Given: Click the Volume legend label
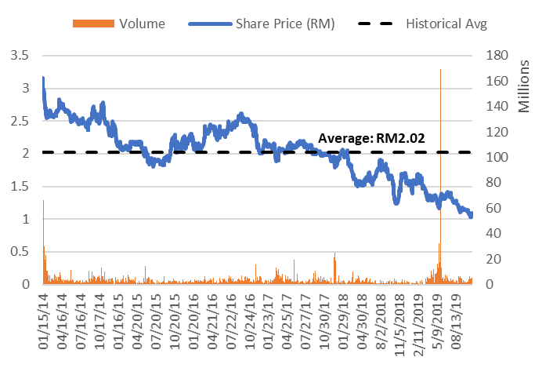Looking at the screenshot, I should click(x=142, y=24).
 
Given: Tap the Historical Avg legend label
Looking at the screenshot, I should click(x=446, y=24).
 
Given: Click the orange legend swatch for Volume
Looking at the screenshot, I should click(x=93, y=24).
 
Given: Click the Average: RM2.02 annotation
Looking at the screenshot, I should click(x=371, y=139).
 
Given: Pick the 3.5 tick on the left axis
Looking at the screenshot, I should click(x=20, y=56).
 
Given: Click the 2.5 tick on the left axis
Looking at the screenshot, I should click(x=20, y=121).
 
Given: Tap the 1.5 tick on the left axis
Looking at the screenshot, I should click(x=20, y=186).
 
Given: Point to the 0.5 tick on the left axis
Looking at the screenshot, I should click(x=20, y=251).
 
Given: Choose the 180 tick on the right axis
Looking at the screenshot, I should click(x=498, y=56).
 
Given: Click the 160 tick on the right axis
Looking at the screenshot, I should click(x=498, y=81).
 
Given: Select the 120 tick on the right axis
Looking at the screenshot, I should click(x=498, y=132).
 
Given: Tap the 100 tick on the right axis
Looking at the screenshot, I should click(x=498, y=157).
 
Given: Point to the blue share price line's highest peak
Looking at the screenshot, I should click(x=43, y=78).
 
